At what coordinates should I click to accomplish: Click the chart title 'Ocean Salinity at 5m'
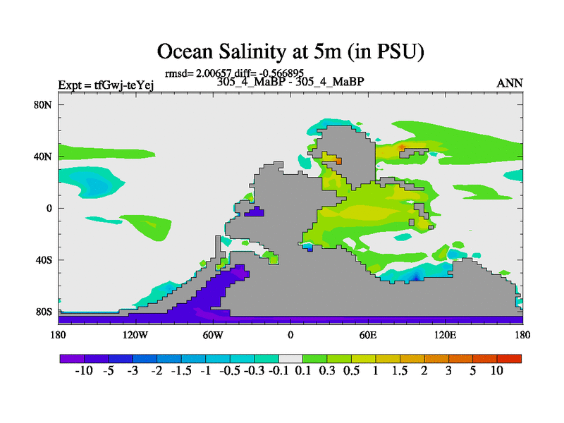click(290, 51)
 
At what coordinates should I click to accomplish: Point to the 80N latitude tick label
click(46, 104)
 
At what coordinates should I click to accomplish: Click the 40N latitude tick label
click(46, 156)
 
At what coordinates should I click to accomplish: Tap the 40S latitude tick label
click(47, 259)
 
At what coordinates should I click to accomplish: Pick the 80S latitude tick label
click(47, 312)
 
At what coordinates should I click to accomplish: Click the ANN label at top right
click(510, 83)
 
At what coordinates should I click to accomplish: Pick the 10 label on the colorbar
click(496, 372)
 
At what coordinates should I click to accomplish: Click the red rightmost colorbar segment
click(508, 359)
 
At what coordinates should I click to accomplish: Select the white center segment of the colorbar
click(290, 359)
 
